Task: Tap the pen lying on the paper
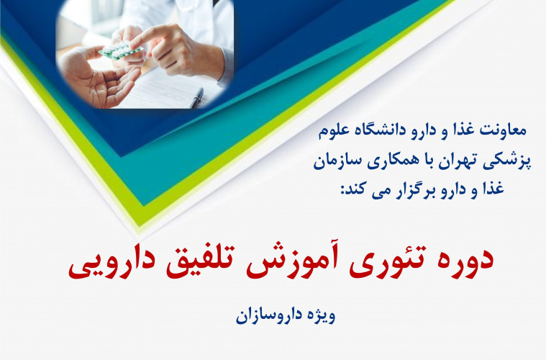[x=196, y=96]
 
